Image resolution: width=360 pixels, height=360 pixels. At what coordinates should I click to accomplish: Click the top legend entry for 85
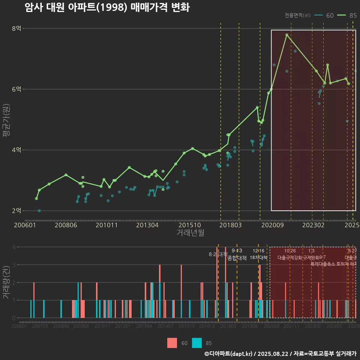(x=347, y=15)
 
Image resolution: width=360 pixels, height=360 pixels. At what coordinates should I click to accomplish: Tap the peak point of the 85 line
(x=287, y=35)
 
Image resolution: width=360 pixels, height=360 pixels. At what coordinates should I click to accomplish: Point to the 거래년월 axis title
(x=190, y=233)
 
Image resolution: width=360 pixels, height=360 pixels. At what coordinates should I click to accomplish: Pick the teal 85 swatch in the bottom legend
(x=197, y=343)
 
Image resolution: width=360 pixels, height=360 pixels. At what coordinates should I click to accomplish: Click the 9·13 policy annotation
(x=237, y=251)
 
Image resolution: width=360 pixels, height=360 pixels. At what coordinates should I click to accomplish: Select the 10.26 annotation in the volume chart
(x=290, y=251)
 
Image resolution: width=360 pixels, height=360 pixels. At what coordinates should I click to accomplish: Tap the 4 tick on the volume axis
(x=14, y=247)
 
